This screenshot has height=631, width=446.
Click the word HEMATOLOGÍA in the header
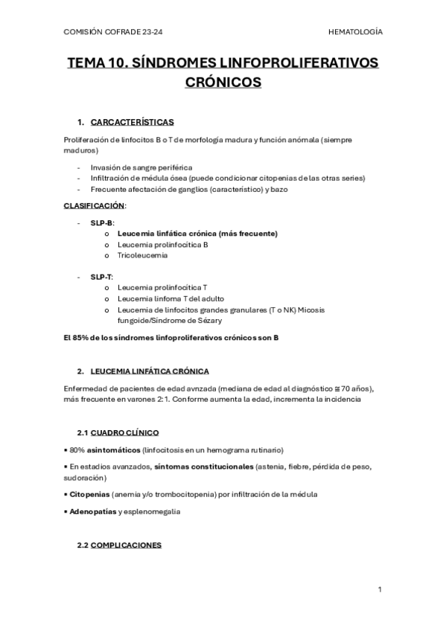pos(354,32)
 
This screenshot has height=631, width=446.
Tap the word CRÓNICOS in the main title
pos(223,82)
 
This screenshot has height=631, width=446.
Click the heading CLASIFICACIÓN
pos(95,205)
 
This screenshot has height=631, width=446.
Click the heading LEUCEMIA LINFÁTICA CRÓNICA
pos(149,371)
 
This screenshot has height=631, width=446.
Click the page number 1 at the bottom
pos(380,589)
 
